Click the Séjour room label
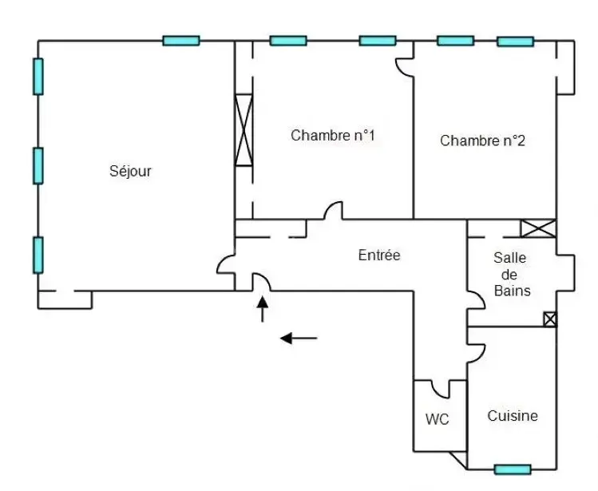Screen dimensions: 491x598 [130, 171]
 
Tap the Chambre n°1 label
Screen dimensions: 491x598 [333, 136]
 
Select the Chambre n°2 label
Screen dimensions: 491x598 [483, 141]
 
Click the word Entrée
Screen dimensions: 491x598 [379, 256]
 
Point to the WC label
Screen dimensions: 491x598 [437, 419]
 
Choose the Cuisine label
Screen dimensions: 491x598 [513, 416]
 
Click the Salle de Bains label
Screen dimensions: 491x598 [512, 274]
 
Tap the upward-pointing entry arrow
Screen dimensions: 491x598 [263, 309]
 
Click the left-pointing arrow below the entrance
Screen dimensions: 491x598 [298, 339]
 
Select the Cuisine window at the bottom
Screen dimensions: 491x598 [512, 469]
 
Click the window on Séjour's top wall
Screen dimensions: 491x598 [181, 41]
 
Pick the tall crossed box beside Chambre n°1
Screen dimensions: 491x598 [244, 130]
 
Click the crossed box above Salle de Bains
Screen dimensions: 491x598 [537, 228]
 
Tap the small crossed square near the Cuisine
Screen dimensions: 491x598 [549, 319]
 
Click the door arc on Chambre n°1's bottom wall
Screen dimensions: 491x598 [333, 211]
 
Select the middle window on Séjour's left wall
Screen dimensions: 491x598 [38, 166]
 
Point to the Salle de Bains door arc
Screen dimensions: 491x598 [477, 299]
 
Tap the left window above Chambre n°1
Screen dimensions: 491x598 [287, 41]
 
